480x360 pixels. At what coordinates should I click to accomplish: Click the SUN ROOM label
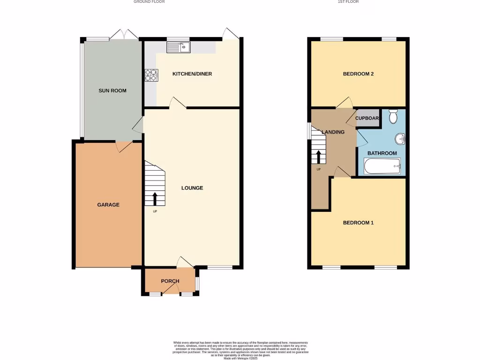tap(112, 90)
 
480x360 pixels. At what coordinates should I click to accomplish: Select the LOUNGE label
tap(192, 188)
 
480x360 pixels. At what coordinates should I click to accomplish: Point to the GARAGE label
tap(108, 205)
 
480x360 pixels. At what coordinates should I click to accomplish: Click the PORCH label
tap(170, 281)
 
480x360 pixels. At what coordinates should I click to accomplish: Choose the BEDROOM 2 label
tap(358, 74)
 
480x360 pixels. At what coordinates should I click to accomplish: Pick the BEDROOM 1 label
tap(358, 223)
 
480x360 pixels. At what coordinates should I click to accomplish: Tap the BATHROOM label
tap(382, 153)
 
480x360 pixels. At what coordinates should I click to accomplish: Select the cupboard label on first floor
tap(367, 118)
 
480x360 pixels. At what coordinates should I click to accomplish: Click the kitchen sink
tap(178, 47)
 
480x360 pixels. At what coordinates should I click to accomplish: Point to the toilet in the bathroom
tap(393, 116)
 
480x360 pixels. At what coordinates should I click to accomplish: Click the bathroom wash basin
tap(400, 139)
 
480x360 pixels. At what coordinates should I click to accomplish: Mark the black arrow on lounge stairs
tap(155, 198)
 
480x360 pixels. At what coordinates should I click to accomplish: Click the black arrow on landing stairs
tap(319, 157)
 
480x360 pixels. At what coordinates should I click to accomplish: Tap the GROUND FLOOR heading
tap(149, 2)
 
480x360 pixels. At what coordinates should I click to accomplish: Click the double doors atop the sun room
tap(124, 34)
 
